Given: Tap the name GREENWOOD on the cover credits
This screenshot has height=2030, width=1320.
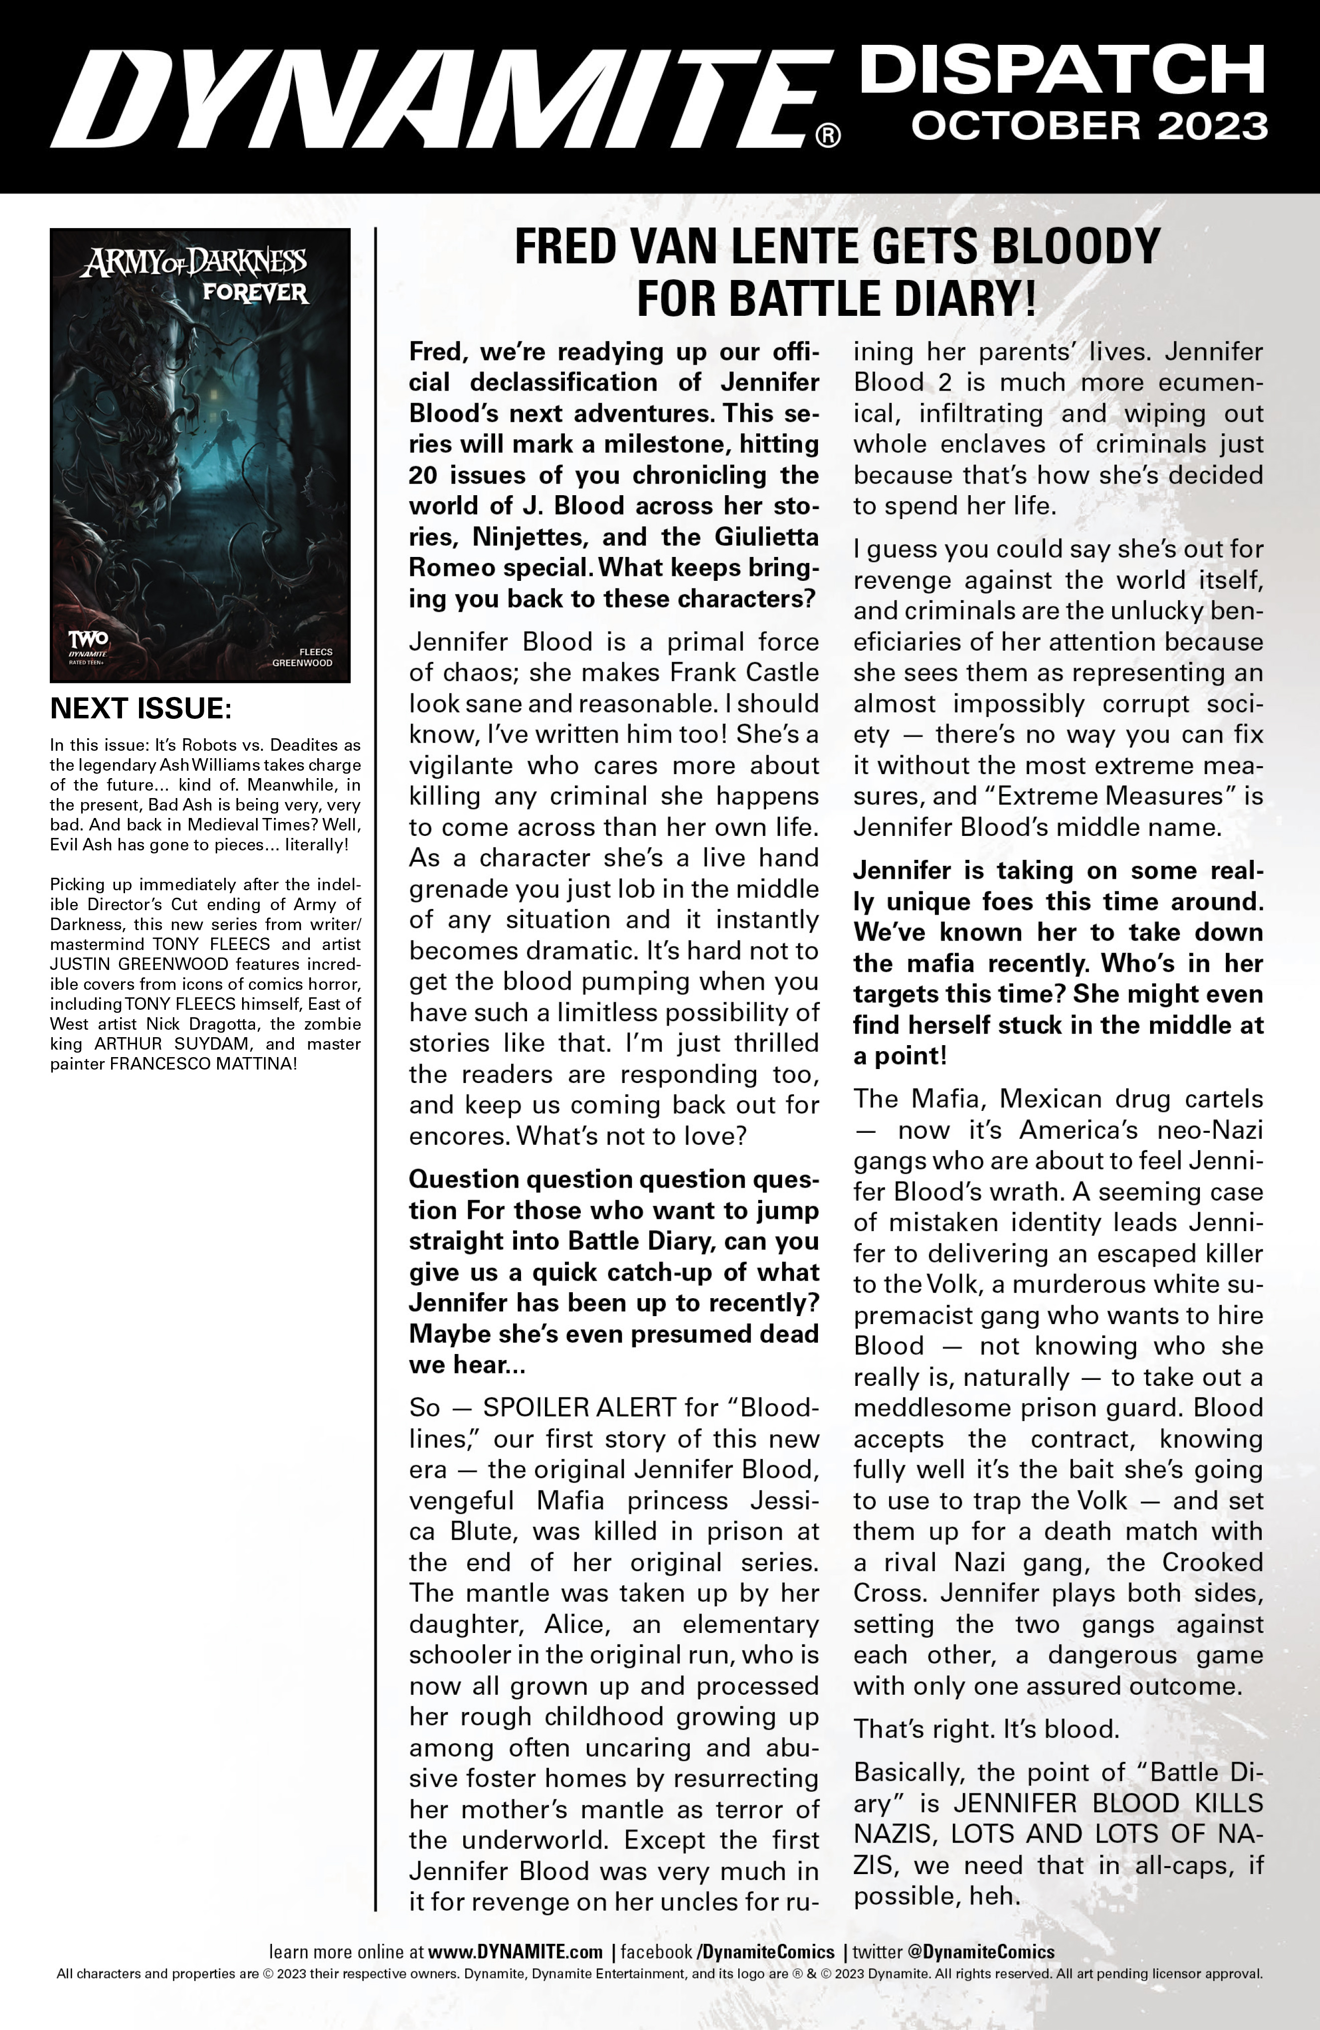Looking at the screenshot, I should coord(303,663).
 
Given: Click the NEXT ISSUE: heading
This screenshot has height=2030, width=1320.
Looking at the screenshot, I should coord(140,709).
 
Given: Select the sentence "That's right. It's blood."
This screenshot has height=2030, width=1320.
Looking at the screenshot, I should coord(986,1729).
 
